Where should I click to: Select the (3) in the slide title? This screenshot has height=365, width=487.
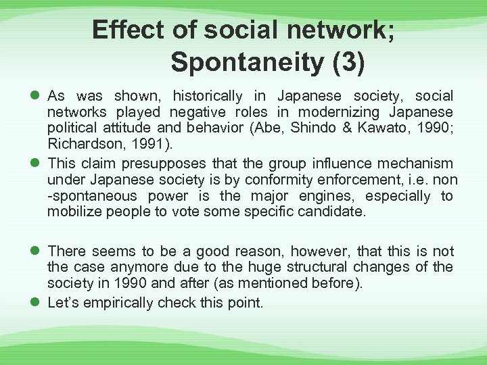tap(348, 62)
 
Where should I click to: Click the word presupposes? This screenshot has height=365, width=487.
tap(166, 163)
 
